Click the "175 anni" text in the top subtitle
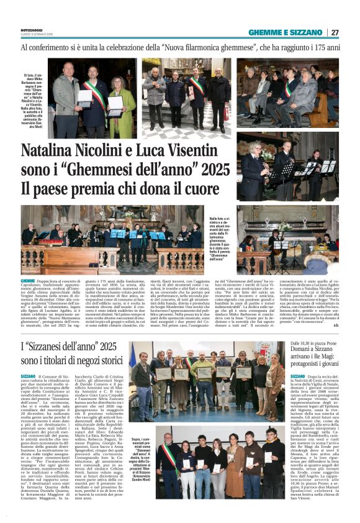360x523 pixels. click(x=324, y=47)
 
